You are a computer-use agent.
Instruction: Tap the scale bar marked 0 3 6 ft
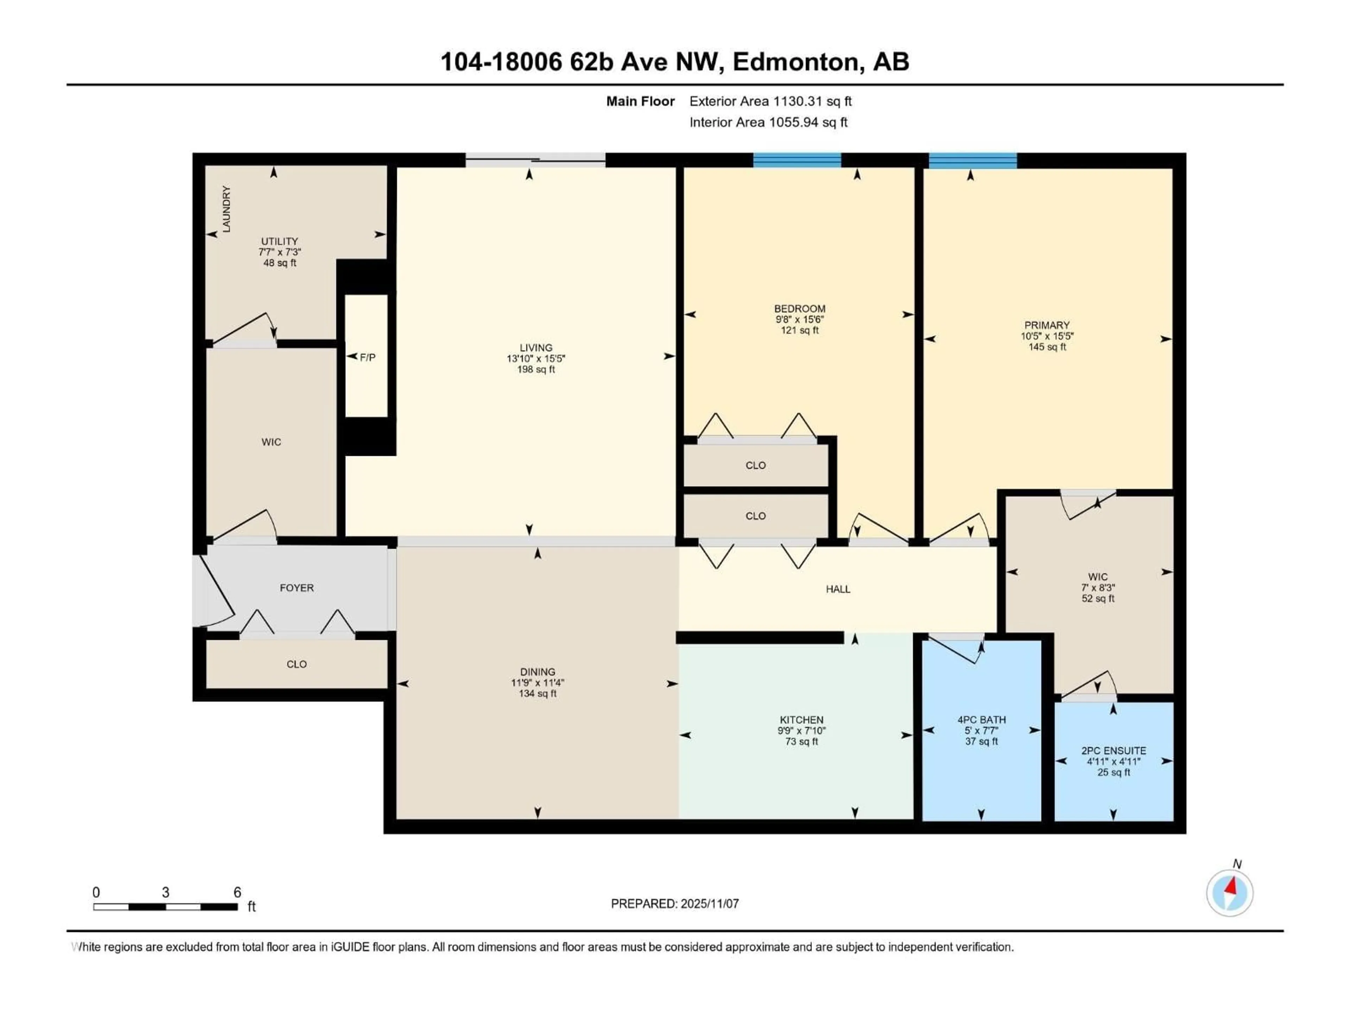point(165,907)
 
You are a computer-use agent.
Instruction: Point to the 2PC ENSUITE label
point(1114,751)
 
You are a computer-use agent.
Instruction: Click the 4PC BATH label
point(982,719)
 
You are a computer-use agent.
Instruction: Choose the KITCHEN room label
point(801,719)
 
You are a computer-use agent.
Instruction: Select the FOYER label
point(297,587)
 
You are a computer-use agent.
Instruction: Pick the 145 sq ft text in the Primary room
point(1047,347)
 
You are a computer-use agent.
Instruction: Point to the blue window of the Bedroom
point(797,160)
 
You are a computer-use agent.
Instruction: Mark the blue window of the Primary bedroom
point(972,160)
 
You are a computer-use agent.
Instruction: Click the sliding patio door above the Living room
point(535,160)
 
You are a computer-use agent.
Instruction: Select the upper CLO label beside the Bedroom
point(755,465)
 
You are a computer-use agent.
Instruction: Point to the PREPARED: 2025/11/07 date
point(675,903)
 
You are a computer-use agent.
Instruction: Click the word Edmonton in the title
point(795,62)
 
